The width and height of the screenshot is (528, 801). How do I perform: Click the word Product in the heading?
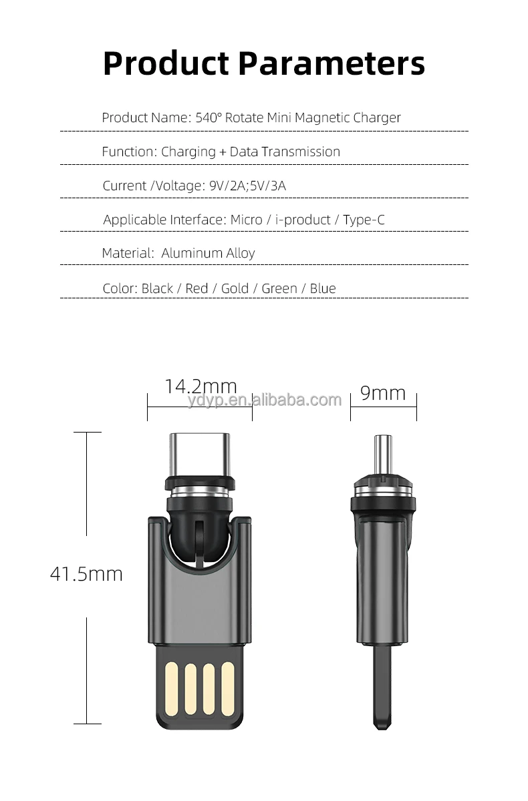pos(166,63)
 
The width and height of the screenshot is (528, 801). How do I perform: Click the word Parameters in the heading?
pos(332,63)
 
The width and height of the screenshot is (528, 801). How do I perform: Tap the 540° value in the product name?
pos(209,117)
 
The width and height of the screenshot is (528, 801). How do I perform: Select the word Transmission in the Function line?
pos(300,152)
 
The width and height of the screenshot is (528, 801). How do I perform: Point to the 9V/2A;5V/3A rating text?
pos(247,186)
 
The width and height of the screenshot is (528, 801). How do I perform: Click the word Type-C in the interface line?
pos(364,220)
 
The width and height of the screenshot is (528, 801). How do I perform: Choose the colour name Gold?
pos(235,288)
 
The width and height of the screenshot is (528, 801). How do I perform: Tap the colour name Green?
pos(279,288)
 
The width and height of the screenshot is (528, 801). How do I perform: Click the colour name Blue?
pos(323,288)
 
